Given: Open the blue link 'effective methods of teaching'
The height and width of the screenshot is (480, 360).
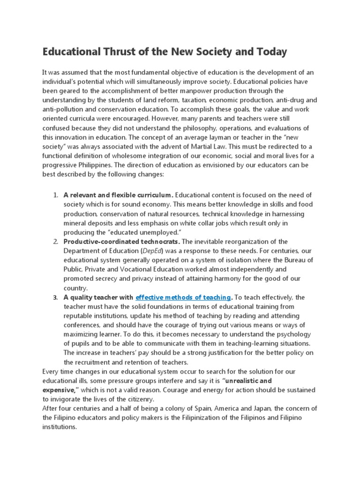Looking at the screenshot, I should tap(183, 297).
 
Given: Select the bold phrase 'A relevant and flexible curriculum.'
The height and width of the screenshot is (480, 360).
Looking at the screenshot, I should tap(119, 195).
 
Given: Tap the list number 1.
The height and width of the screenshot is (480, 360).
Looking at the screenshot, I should tap(55, 195).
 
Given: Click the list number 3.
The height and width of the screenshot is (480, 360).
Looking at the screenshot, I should tap(55, 298).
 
